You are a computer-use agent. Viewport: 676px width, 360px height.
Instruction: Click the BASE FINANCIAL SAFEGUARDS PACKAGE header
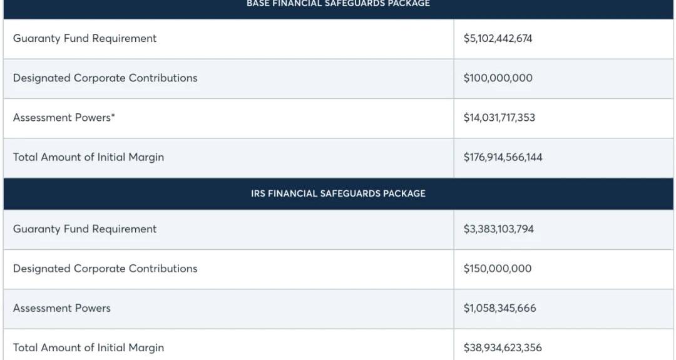[338, 4]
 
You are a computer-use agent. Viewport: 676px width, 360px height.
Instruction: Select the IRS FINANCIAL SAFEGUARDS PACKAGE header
[338, 193]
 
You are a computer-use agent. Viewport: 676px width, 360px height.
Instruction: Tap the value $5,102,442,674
[498, 39]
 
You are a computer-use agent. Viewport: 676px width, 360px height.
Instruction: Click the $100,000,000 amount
[498, 78]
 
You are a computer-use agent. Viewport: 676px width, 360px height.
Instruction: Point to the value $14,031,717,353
[499, 118]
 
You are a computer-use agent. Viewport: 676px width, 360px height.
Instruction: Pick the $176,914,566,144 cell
[503, 157]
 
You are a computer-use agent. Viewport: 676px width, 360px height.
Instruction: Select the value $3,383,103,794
[498, 229]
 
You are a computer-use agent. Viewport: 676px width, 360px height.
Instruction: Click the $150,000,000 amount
[497, 269]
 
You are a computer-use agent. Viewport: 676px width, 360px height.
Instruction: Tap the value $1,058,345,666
[499, 308]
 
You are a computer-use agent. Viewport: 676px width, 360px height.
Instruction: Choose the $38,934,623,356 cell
[503, 347]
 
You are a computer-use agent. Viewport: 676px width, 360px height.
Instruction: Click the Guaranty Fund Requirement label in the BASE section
[84, 39]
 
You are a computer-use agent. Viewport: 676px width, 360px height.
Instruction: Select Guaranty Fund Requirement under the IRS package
[84, 229]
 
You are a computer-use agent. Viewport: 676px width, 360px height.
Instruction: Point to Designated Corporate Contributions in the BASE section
[105, 78]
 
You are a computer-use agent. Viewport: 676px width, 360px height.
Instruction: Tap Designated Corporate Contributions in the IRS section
[105, 269]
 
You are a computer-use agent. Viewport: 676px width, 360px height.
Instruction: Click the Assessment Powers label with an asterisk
[63, 118]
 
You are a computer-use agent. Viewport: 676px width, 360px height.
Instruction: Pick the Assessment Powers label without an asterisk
[61, 308]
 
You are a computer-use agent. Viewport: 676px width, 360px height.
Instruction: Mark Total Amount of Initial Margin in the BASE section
[88, 157]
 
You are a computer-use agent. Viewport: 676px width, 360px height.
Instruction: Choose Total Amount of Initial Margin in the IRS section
[88, 347]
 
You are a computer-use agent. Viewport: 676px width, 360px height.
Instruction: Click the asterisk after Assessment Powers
[113, 115]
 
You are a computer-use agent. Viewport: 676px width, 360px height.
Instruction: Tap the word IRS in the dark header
[258, 193]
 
